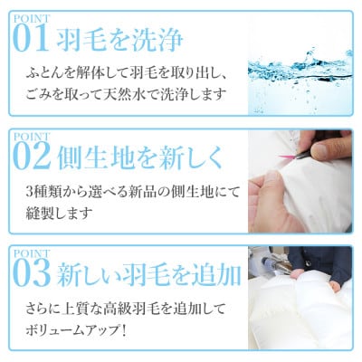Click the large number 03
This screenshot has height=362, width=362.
(x=33, y=272)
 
